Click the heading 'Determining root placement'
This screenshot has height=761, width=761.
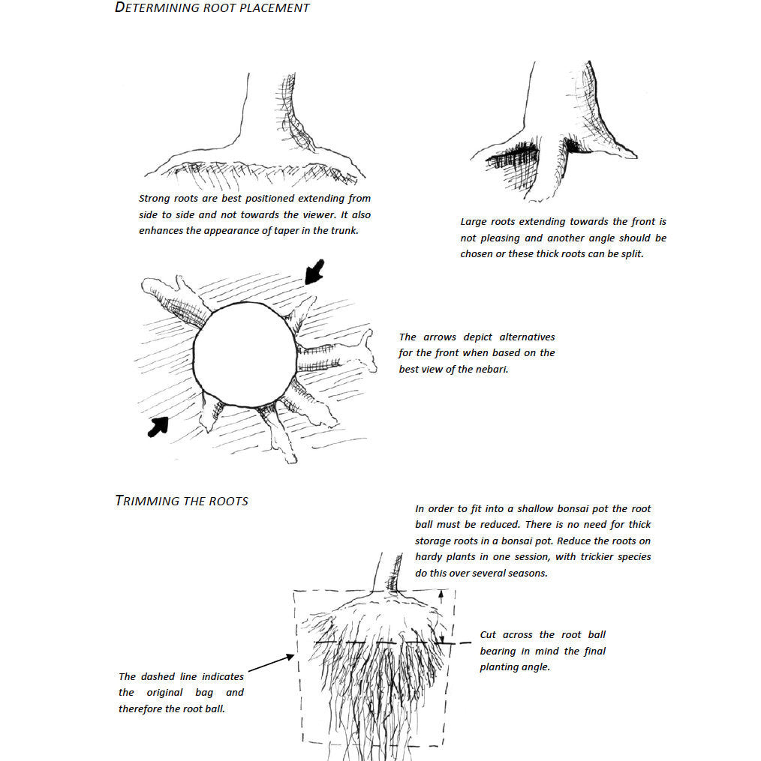click(x=212, y=8)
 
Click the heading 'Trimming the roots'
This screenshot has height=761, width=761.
click(x=182, y=501)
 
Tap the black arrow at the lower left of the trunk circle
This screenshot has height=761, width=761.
click(x=158, y=427)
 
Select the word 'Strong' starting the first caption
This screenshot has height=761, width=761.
click(x=154, y=199)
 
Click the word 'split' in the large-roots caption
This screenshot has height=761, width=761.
click(x=630, y=254)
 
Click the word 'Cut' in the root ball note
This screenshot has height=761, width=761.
click(x=489, y=635)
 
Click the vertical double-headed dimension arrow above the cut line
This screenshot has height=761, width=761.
click(x=442, y=615)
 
